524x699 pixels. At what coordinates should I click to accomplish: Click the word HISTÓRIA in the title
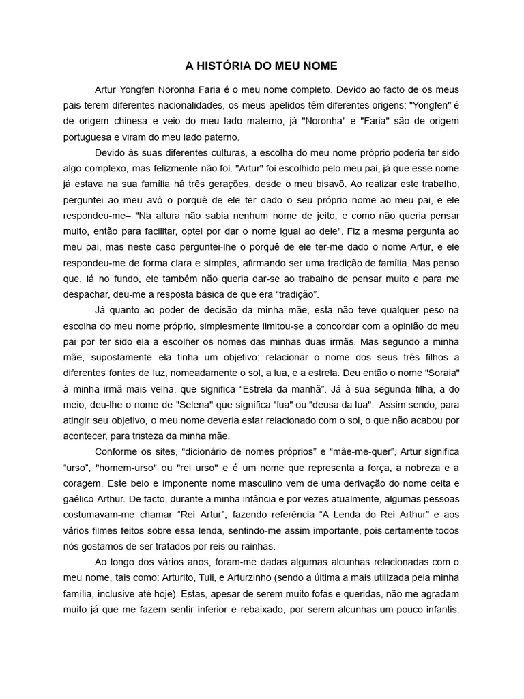(224, 66)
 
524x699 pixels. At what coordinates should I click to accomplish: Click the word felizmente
(179, 167)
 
